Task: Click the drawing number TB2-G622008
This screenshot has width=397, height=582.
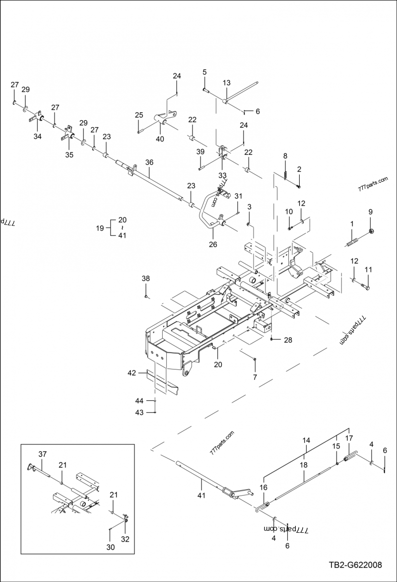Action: pyautogui.click(x=355, y=565)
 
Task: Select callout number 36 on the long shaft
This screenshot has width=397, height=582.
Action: pyautogui.click(x=149, y=162)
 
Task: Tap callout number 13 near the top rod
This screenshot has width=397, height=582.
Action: pyautogui.click(x=227, y=83)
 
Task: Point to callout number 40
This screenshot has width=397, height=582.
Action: pyautogui.click(x=160, y=139)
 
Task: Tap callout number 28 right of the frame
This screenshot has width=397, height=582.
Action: pyautogui.click(x=288, y=340)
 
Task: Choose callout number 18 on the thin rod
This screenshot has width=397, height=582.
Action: pyautogui.click(x=304, y=465)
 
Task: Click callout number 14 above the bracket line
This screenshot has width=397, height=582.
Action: pyautogui.click(x=306, y=440)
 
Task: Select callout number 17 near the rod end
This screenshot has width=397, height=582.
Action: pyautogui.click(x=349, y=438)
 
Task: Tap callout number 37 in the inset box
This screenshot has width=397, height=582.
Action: pyautogui.click(x=43, y=454)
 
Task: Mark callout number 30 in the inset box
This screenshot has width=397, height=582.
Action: pyautogui.click(x=110, y=547)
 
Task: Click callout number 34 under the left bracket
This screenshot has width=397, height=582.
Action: pyautogui.click(x=38, y=137)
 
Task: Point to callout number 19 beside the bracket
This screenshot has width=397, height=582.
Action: pyautogui.click(x=99, y=228)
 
